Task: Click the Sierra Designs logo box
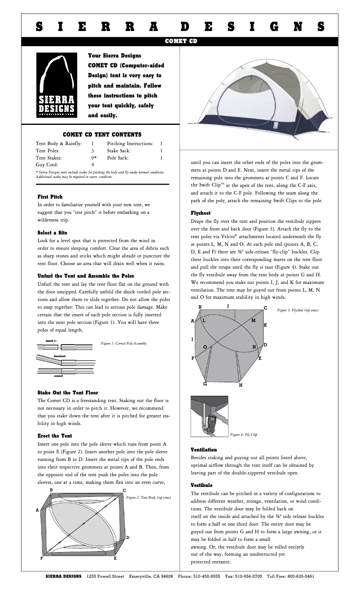pyautogui.click(x=56, y=85)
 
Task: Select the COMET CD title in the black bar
pyautogui.click(x=180, y=41)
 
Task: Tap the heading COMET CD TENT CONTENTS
pyautogui.click(x=102, y=134)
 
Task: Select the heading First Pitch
pyautogui.click(x=50, y=197)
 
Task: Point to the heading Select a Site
pyautogui.click(x=52, y=233)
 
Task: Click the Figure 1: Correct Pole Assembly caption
pyautogui.click(x=124, y=343)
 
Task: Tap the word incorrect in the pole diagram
pyautogui.click(x=60, y=356)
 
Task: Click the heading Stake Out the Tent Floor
pyautogui.click(x=67, y=393)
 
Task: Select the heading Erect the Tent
pyautogui.click(x=54, y=436)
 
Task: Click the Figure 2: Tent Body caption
pyautogui.click(x=149, y=497)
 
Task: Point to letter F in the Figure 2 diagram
pyautogui.click(x=42, y=558)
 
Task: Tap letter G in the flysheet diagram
pyautogui.click(x=205, y=384)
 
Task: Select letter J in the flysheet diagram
pyautogui.click(x=228, y=306)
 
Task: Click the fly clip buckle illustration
pyautogui.click(x=209, y=417)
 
